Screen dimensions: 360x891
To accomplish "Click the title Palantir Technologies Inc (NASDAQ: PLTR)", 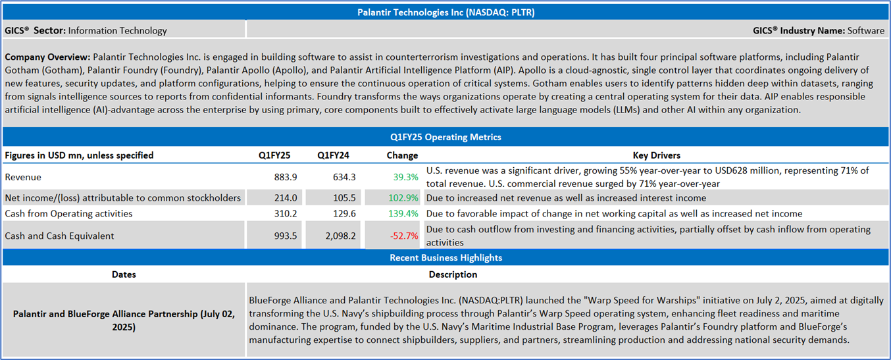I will [x=445, y=12].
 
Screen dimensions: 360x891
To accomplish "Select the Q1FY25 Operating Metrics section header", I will [x=445, y=137].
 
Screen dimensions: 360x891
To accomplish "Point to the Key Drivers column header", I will [x=656, y=155].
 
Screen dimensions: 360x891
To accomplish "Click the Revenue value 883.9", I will [x=285, y=177].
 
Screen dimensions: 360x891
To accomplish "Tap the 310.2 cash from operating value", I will [x=285, y=213].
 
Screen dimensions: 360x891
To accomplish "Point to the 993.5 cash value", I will [x=285, y=236].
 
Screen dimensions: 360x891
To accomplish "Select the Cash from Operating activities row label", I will [x=68, y=213].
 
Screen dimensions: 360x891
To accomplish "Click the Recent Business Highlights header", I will [x=445, y=257].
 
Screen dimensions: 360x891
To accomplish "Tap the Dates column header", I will [x=124, y=274].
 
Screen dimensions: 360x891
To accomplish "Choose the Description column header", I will [x=453, y=274].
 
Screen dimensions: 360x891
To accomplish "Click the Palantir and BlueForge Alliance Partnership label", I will [x=124, y=320].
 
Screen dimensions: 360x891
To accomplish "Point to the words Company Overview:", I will [x=47, y=57].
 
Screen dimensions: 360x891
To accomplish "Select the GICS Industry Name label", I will [x=798, y=30].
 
